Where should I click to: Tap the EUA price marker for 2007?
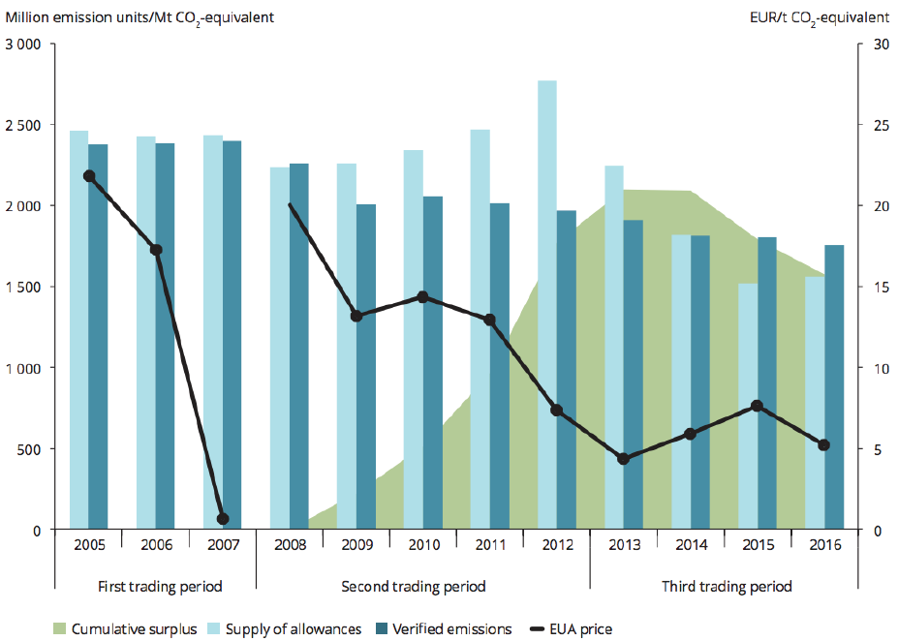pos(223,519)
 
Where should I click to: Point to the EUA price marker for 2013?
pos(624,459)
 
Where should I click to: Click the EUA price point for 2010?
pos(422,297)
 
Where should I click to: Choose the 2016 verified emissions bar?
pos(834,387)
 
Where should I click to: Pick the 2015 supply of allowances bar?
pos(748,407)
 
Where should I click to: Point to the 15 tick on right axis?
pos(877,288)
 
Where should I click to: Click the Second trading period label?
pos(414,587)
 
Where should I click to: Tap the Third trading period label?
pos(727,587)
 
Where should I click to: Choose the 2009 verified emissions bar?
pos(365,367)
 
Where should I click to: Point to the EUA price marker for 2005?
pos(89,176)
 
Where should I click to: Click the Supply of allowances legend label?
pos(294,629)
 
